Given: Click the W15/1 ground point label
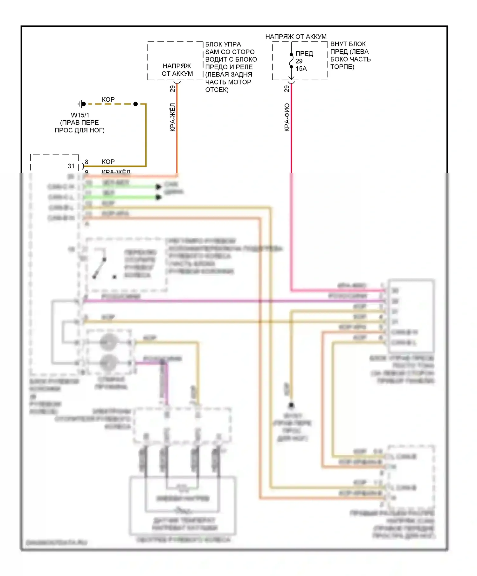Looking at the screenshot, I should [80, 115].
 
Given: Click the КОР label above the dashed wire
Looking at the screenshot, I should [108, 99].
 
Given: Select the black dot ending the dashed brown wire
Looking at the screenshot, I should [135, 104].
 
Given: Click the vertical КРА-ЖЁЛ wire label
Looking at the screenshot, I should [173, 117].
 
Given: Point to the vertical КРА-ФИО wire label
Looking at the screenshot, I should [287, 117].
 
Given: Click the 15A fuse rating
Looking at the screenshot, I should [301, 69].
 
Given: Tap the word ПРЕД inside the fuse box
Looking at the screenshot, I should [304, 54].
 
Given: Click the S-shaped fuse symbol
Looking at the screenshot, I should [291, 61].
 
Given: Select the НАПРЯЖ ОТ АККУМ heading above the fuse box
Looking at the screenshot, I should [296, 37].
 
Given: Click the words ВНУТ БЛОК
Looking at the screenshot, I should [348, 44].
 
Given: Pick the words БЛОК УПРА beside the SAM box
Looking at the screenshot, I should [223, 44].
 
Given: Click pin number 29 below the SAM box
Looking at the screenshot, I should [173, 89].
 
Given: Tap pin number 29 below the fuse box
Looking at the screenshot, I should [287, 89].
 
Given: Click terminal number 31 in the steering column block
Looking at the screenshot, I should [71, 166].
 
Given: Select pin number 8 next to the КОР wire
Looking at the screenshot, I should [86, 162].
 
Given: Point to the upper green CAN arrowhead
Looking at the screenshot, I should [158, 187].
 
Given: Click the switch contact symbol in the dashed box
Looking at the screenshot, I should [100, 268].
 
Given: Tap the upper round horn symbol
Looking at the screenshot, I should [109, 342].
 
